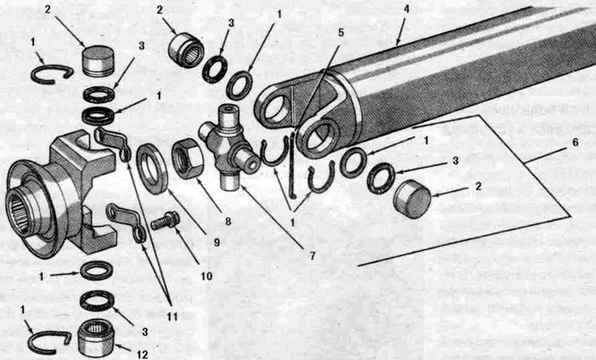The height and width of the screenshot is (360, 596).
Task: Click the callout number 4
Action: pyautogui.click(x=406, y=8)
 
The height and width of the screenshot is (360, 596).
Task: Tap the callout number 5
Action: pyautogui.click(x=341, y=33)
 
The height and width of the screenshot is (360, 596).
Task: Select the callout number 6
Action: pyautogui.click(x=575, y=143)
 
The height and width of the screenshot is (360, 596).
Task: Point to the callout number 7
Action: pyautogui.click(x=312, y=256)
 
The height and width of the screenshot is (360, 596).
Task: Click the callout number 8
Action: pyautogui.click(x=228, y=222)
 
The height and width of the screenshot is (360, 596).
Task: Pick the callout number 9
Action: pyautogui.click(x=217, y=243)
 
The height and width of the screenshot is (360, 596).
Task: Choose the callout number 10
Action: pyautogui.click(x=207, y=275)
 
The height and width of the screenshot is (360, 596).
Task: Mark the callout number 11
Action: pyautogui.click(x=172, y=316)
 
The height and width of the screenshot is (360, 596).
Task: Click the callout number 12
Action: pyautogui.click(x=142, y=354)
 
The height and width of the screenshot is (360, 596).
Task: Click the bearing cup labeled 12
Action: pyautogui.click(x=96, y=336)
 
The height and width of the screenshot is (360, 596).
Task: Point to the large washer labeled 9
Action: pyautogui.click(x=152, y=170)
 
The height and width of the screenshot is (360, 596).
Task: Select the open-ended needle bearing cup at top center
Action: pyautogui.click(x=186, y=50)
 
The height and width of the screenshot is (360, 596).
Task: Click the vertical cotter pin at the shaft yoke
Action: pyautogui.click(x=292, y=164)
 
